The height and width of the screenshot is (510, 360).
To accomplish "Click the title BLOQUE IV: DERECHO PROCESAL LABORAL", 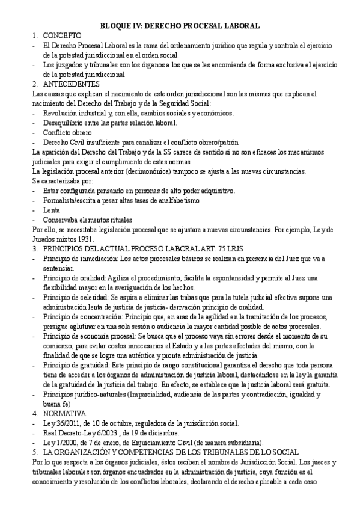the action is point(180,26).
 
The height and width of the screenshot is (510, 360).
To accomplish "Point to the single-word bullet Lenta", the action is point(52,210).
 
